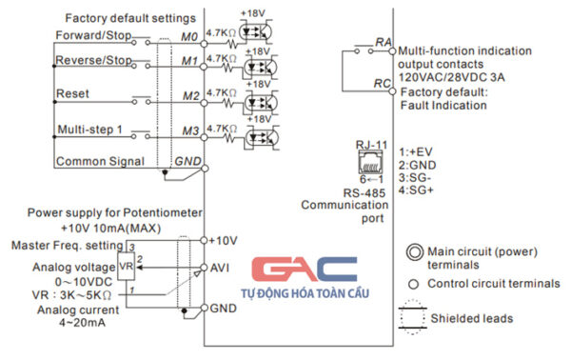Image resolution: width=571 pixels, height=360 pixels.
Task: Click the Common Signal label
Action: [x=101, y=161]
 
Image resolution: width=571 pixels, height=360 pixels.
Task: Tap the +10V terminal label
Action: [x=225, y=240]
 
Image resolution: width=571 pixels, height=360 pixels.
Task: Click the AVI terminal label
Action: [x=221, y=270]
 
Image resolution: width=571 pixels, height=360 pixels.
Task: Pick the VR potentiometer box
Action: [x=126, y=263]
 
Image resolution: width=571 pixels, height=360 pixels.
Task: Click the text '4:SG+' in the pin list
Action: [x=418, y=190]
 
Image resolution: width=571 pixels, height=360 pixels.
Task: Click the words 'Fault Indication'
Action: [x=444, y=106]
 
